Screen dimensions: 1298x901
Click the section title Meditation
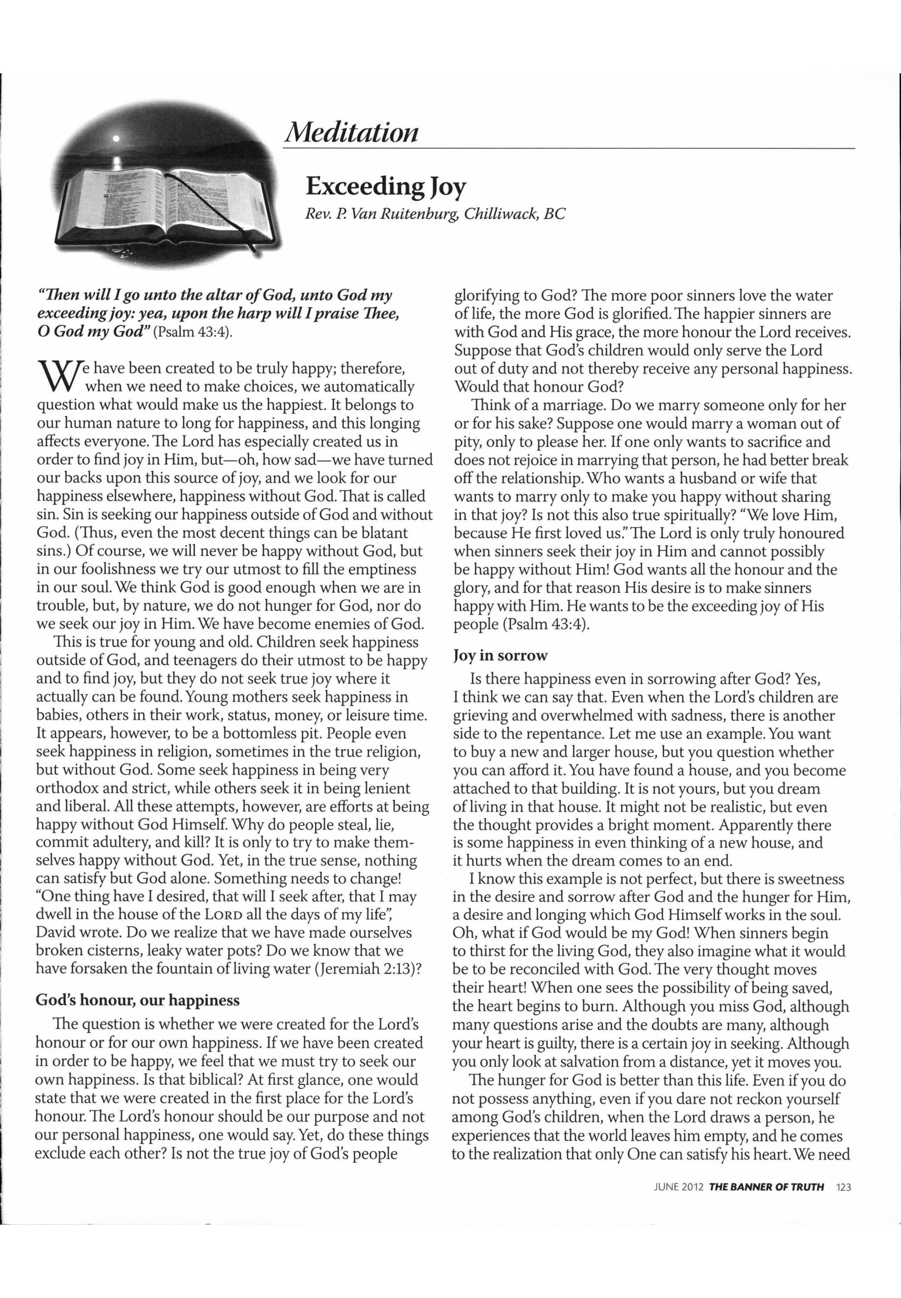pos(352,133)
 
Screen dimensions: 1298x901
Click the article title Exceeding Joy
pos(386,185)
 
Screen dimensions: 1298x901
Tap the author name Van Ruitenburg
pos(401,214)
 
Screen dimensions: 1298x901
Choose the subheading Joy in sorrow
pos(501,655)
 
